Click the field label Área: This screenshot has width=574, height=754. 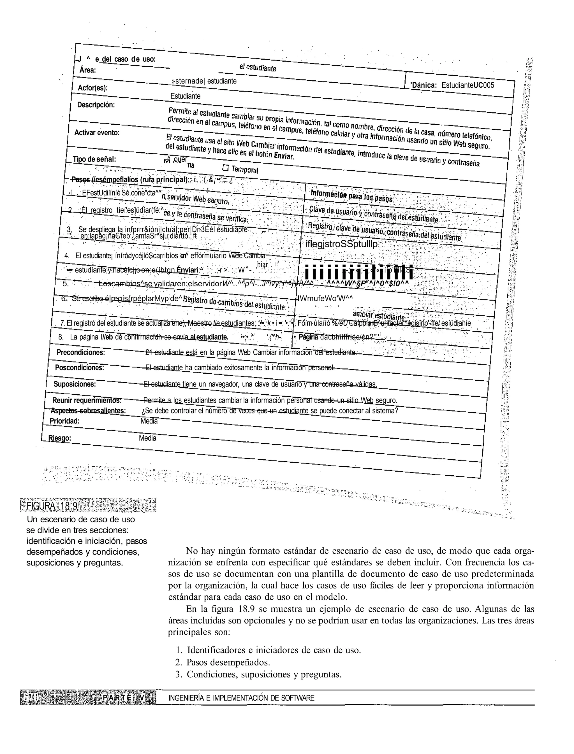pyautogui.click(x=87, y=70)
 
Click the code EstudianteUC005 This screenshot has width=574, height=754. pyautogui.click(x=468, y=85)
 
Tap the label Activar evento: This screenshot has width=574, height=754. pyautogui.click(x=97, y=132)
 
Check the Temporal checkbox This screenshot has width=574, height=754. pyautogui.click(x=226, y=168)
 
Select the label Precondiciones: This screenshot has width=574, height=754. pyautogui.click(x=81, y=352)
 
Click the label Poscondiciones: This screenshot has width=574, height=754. pyautogui.click(x=79, y=368)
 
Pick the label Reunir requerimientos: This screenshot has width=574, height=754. pyautogui.click(x=87, y=400)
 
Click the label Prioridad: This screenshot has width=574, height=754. pyautogui.click(x=64, y=421)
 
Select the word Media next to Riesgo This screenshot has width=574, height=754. pyautogui.click(x=147, y=438)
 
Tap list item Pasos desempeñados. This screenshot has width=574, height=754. pyautogui.click(x=228, y=662)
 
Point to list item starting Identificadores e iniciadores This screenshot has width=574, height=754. pyautogui.click(x=273, y=650)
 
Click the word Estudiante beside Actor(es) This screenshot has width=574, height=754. pyautogui.click(x=185, y=96)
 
